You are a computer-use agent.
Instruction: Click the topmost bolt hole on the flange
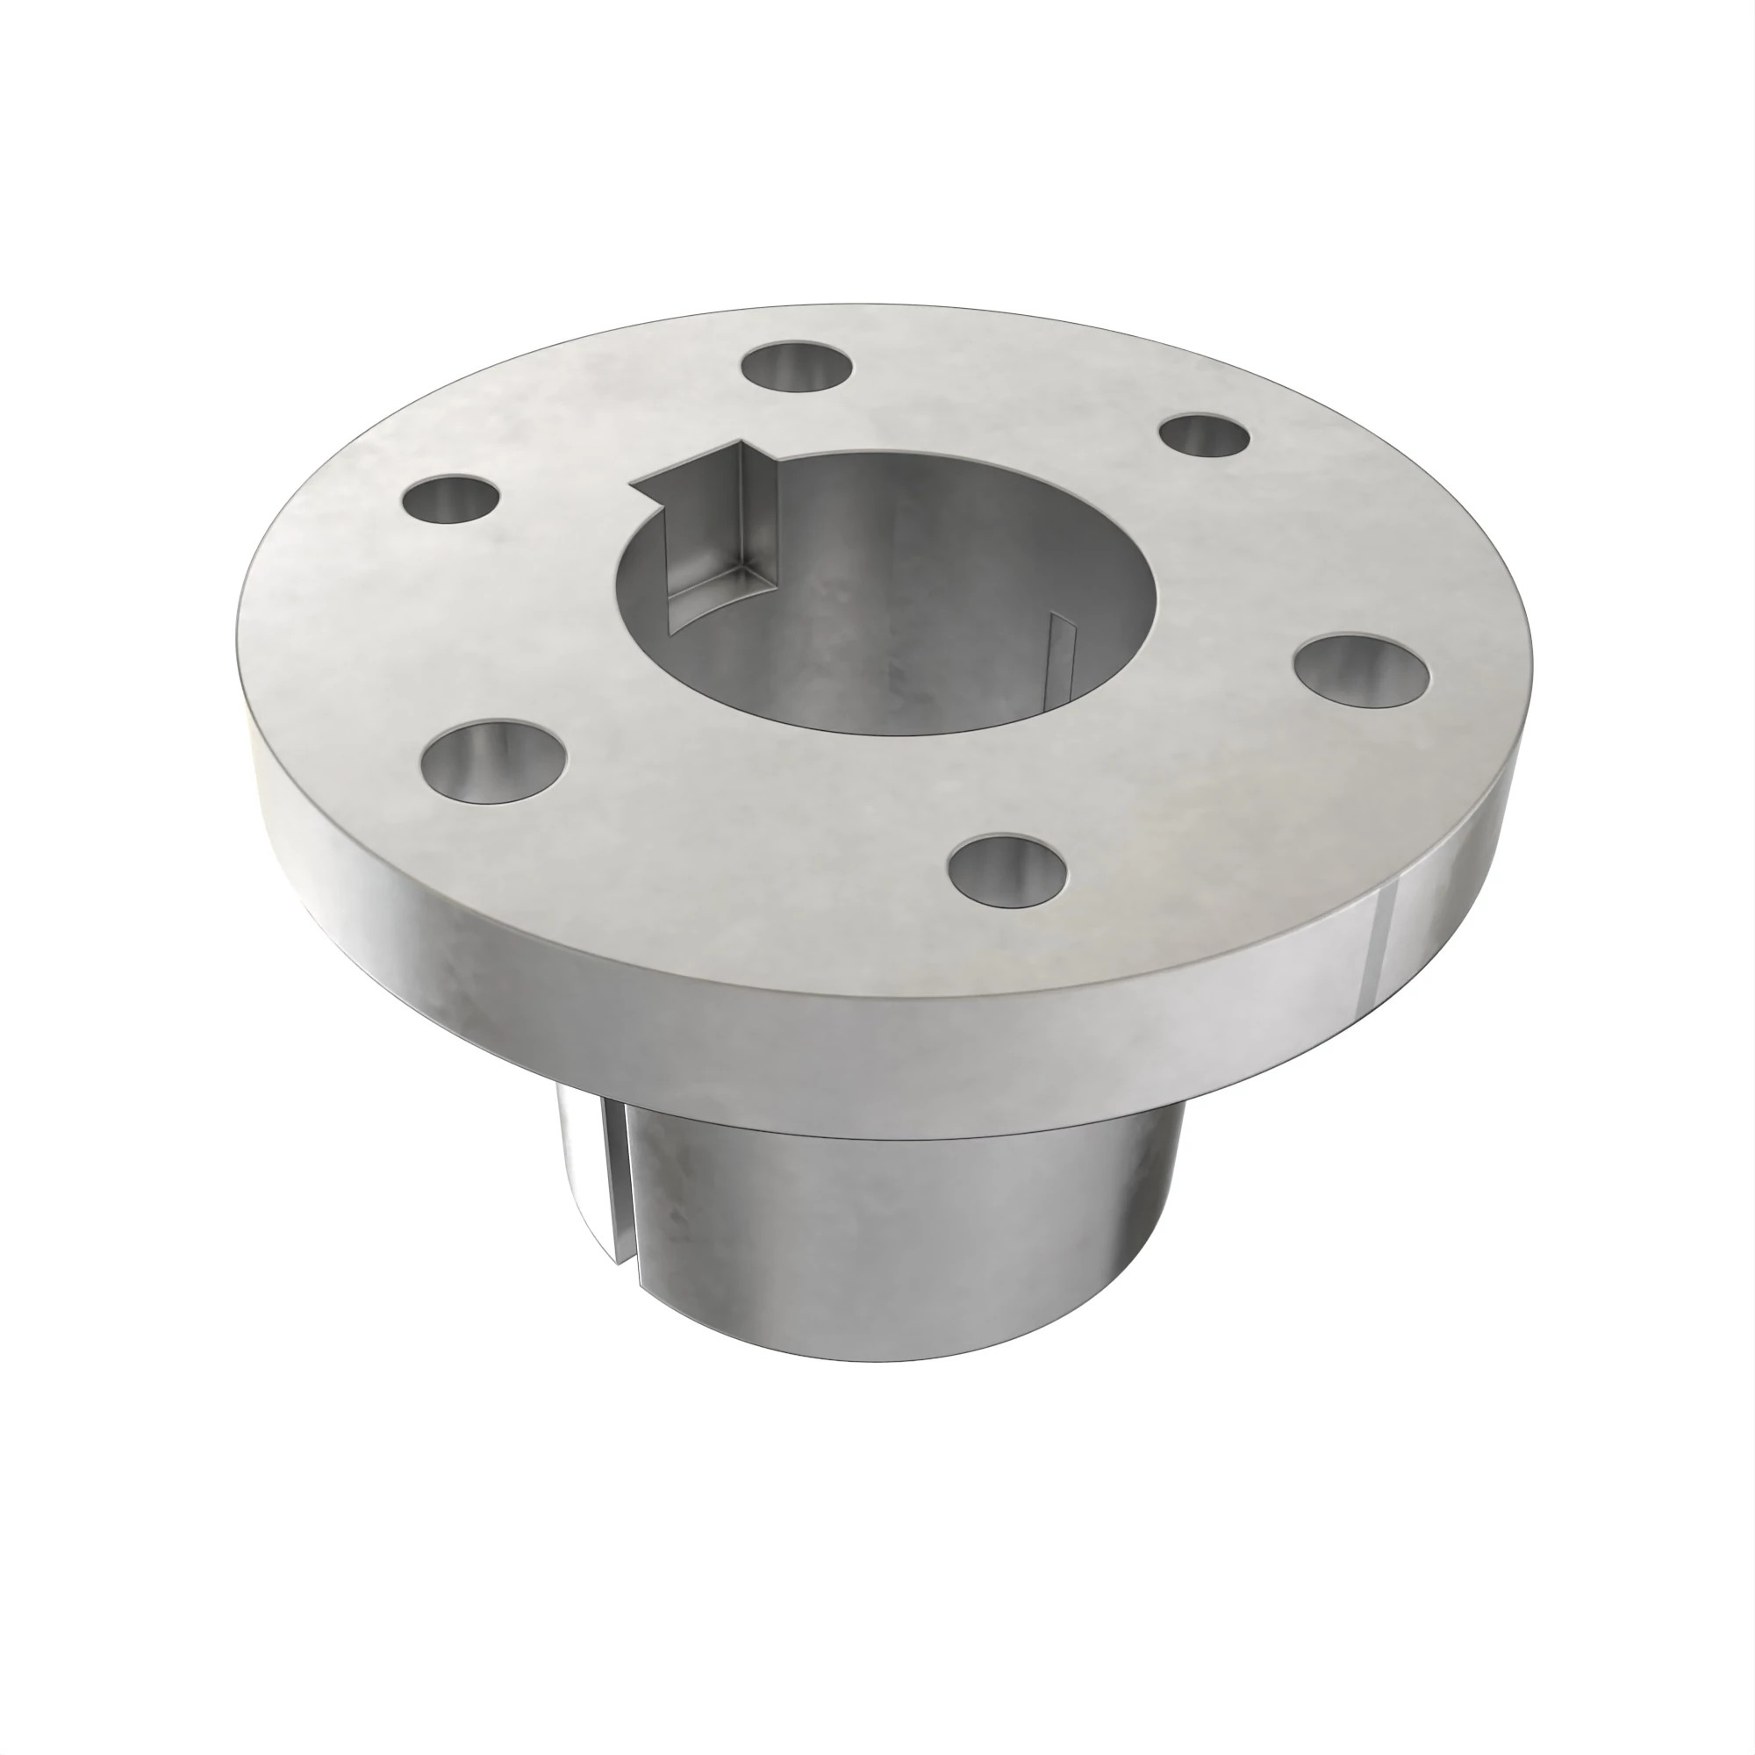(797, 367)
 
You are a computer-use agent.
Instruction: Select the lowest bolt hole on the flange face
(1006, 870)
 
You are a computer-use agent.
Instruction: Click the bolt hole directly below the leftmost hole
(496, 760)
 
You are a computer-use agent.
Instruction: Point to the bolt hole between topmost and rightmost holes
(1207, 435)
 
